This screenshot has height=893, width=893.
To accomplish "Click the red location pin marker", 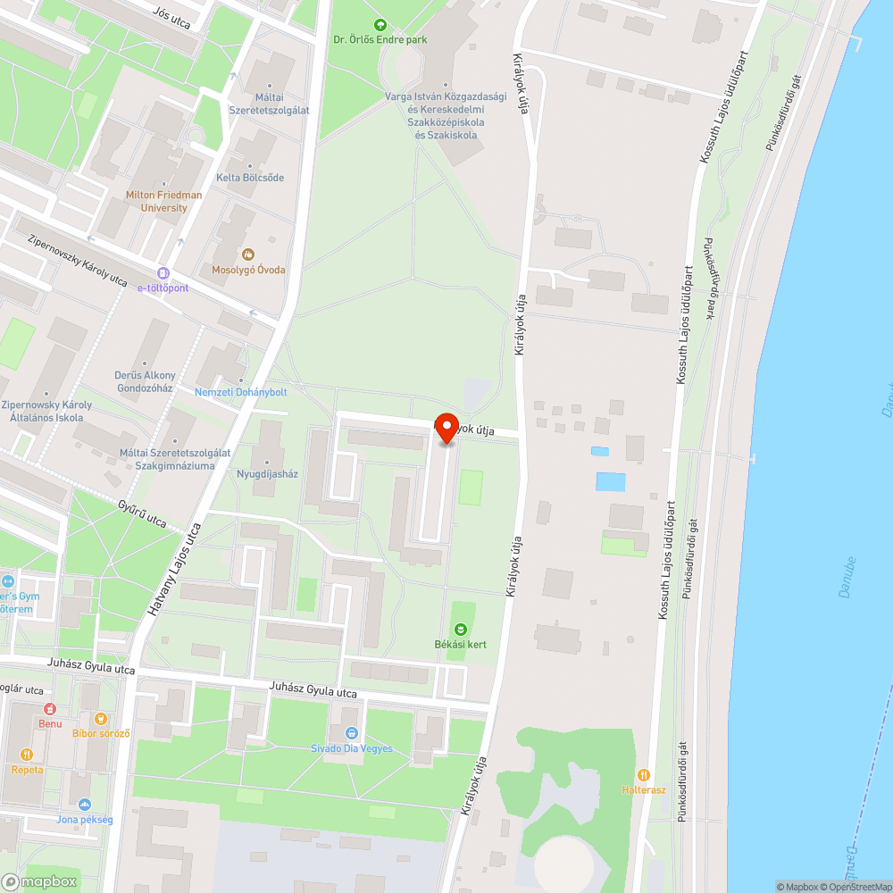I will tap(446, 426).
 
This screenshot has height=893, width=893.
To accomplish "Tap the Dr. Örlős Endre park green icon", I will tap(380, 25).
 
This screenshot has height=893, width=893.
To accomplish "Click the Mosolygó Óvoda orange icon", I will tap(248, 255).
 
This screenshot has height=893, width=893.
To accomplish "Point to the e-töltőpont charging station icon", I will tap(163, 273).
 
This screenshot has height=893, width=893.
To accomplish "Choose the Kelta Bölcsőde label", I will tap(250, 178).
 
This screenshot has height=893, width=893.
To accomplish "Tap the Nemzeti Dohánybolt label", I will tap(241, 392).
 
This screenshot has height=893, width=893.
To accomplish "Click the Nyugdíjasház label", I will tap(267, 474).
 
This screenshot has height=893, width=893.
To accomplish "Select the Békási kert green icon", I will tap(461, 630).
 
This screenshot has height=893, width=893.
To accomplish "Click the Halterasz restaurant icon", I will tap(644, 775).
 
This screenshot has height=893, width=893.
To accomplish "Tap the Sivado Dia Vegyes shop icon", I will tap(351, 733).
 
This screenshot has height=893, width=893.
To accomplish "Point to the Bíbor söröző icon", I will tap(101, 718).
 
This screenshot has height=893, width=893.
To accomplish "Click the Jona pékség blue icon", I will tap(84, 804).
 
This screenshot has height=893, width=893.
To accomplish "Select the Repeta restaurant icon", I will tap(15, 755).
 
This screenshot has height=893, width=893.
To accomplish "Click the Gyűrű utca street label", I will tap(143, 514).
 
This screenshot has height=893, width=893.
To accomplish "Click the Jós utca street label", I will tap(172, 17).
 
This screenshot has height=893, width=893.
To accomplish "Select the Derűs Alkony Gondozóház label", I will tap(146, 381).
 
